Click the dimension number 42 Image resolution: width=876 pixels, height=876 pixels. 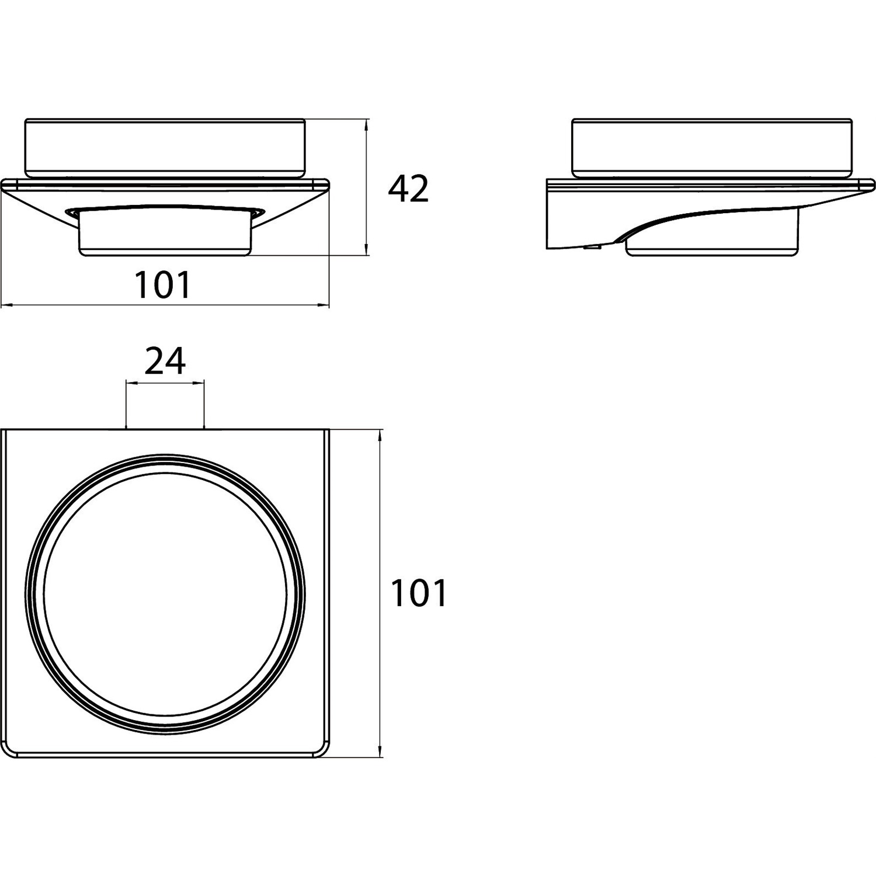tap(409, 189)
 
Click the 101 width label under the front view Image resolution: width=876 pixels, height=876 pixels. tap(163, 284)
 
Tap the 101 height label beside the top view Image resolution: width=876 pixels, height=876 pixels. tap(419, 593)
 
